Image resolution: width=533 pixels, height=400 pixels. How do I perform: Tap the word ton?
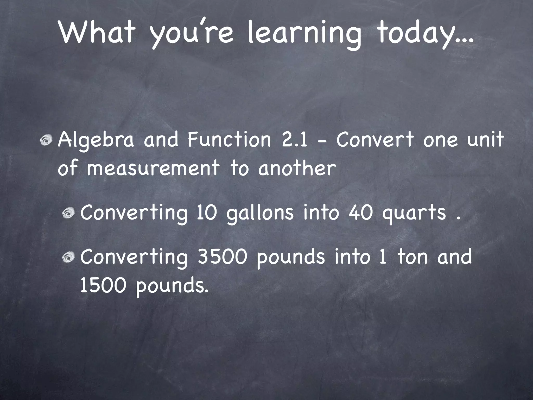(x=413, y=257)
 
